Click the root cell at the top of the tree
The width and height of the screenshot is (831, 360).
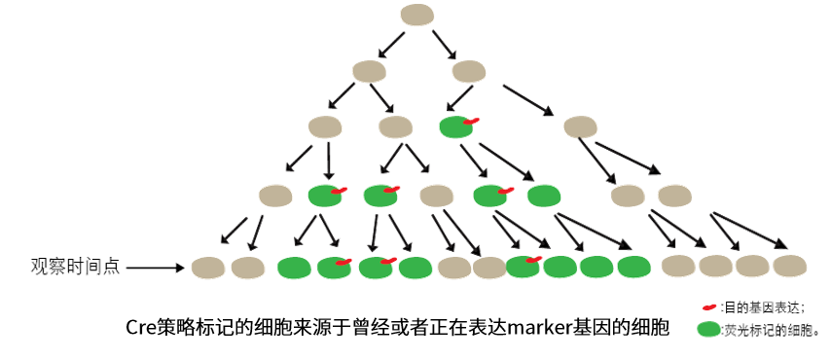(418, 17)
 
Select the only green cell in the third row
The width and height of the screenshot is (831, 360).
(454, 126)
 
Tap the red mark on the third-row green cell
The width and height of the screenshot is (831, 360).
(471, 122)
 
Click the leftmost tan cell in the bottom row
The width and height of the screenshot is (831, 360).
(208, 265)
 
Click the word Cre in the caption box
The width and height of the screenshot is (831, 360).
(141, 325)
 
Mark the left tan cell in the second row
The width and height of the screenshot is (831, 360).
(366, 72)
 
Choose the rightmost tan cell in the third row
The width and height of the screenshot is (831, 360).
(581, 126)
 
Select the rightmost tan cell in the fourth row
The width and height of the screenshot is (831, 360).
(673, 196)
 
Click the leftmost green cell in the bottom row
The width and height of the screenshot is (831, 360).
(294, 265)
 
